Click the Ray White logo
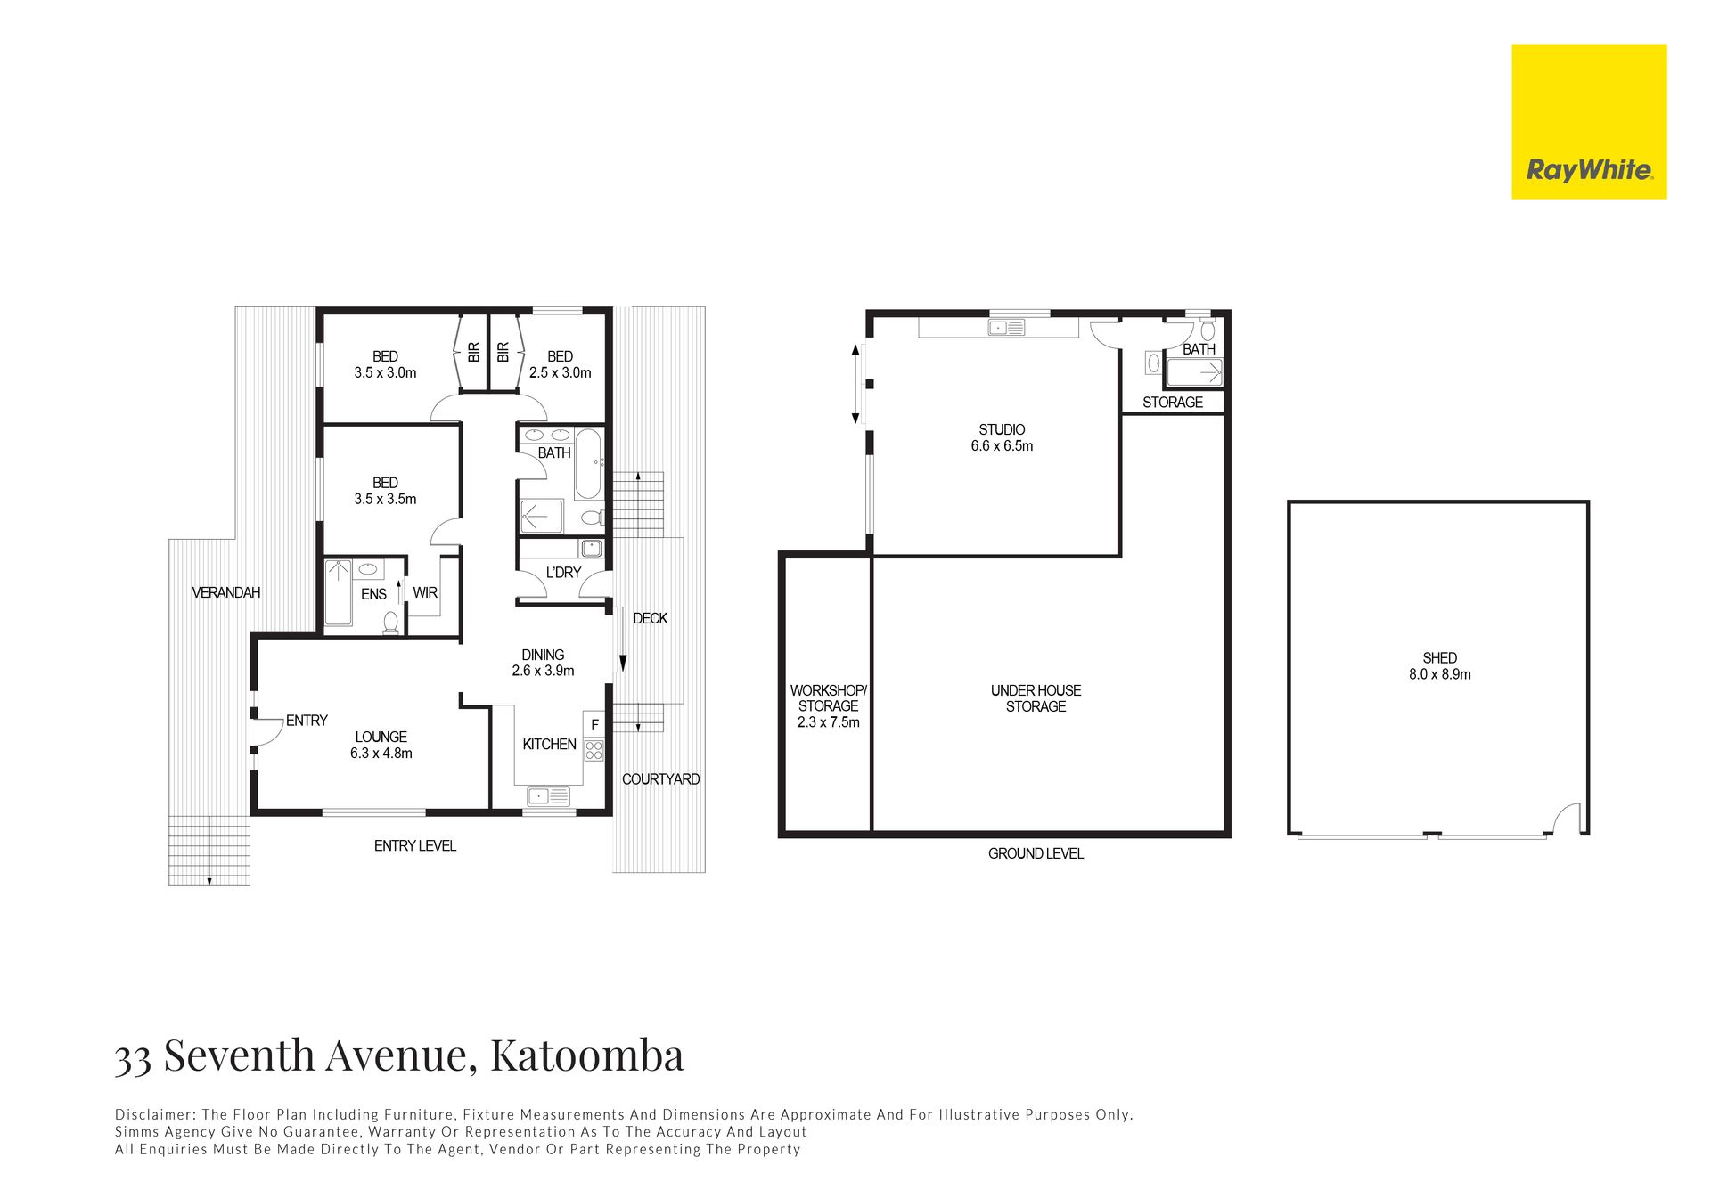coord(1589,122)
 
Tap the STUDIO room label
coord(1002,429)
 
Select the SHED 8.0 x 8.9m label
coord(1439,666)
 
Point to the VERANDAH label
coord(226,592)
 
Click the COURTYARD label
coord(660,779)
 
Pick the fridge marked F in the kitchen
coord(594,724)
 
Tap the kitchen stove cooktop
coord(594,750)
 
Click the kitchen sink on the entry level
coord(548,796)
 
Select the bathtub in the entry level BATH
coord(587,464)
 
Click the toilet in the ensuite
coord(390,623)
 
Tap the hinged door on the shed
coord(1568,818)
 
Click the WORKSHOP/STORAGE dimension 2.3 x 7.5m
coord(828,722)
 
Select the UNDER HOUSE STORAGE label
coord(1036,698)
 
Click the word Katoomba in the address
coord(586,1055)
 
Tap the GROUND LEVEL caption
coord(1036,853)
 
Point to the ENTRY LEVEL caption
coord(414,846)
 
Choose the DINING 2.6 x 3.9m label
coord(543,663)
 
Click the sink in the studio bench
coord(1006,328)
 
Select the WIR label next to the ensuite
coord(425,593)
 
